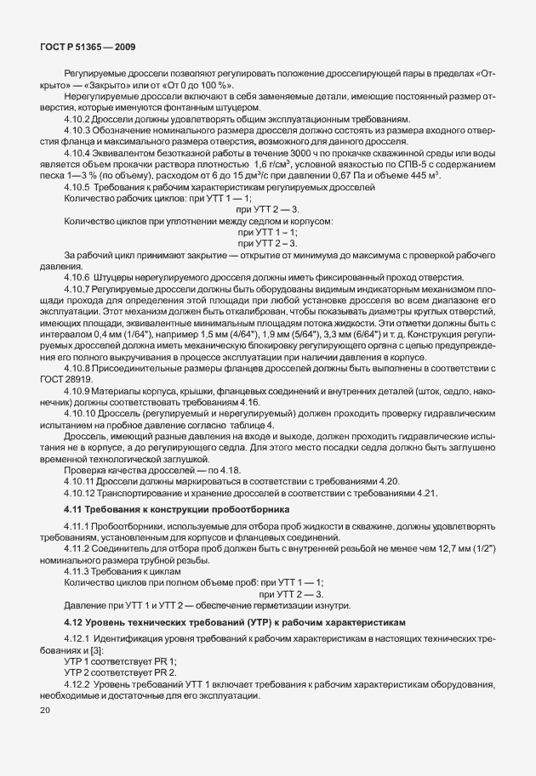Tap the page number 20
tap(44, 709)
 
